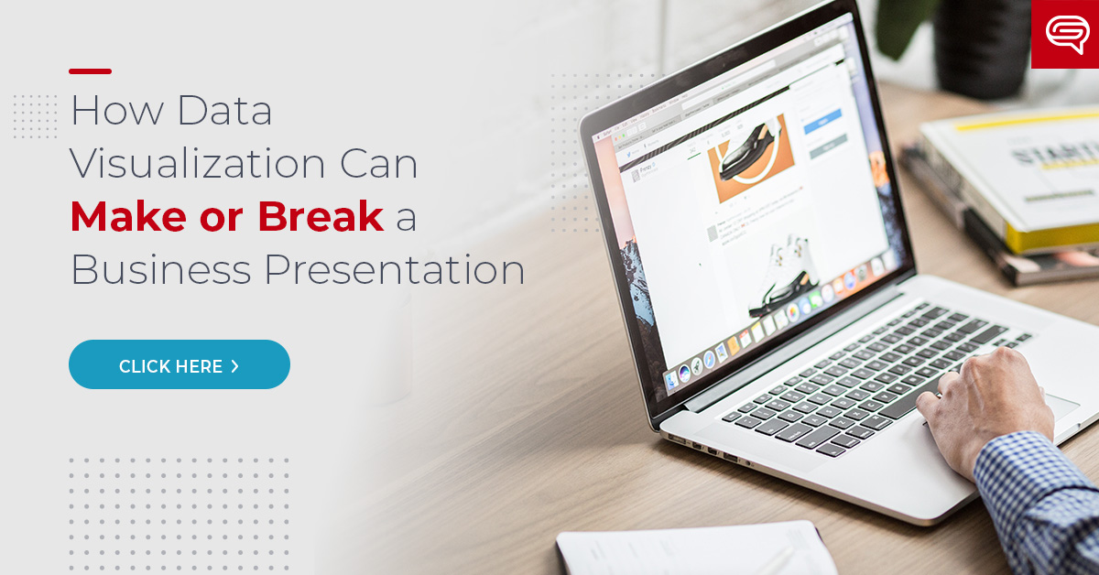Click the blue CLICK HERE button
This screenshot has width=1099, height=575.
pos(179,364)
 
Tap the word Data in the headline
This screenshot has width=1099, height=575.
pos(225,111)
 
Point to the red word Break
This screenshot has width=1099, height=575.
pos(320,216)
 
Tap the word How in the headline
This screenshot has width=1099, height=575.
pos(116,111)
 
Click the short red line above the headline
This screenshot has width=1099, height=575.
pos(90,71)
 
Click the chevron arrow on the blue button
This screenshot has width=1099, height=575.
pos(235,366)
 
